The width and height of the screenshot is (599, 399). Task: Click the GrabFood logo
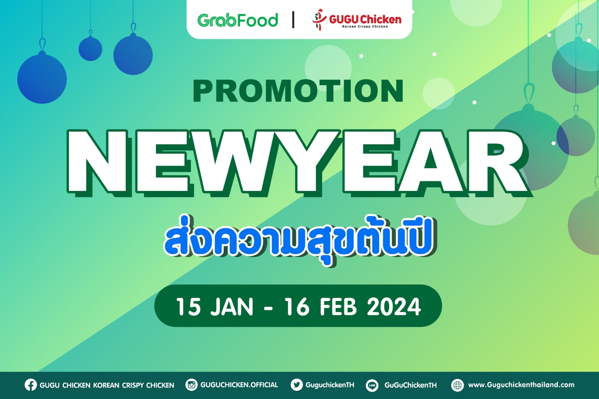237,20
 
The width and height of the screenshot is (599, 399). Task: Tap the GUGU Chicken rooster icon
319,20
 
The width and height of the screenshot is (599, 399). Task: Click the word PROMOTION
298,91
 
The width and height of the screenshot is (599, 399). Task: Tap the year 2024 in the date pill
394,307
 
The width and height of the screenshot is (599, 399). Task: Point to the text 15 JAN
215,307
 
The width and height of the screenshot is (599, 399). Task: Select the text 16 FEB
321,307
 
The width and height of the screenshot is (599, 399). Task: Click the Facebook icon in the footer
31,385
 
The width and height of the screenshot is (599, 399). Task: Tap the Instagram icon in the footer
192,385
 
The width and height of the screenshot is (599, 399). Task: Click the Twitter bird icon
297,385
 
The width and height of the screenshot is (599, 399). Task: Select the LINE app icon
372,385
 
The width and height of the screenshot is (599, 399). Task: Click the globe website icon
457,385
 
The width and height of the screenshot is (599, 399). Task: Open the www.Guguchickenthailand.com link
521,385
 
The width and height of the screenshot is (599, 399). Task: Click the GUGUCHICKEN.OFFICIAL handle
239,385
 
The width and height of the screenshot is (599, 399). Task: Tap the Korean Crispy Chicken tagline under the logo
365,27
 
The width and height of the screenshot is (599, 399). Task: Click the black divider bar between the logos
293,20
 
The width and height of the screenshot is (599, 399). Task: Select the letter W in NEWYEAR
231,163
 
